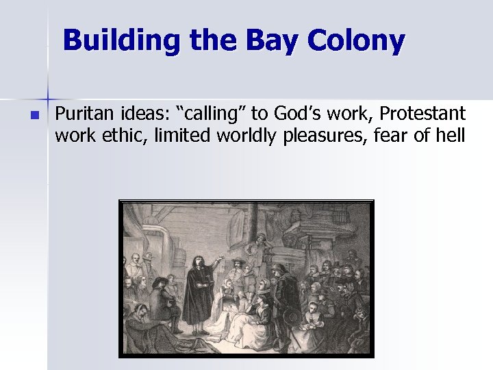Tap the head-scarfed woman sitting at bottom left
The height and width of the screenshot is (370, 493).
pos(144,326)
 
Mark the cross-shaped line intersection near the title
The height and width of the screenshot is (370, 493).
pos(47,92)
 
